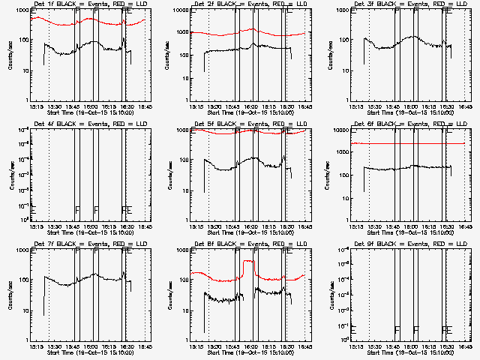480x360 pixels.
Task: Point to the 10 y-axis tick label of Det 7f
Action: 22,310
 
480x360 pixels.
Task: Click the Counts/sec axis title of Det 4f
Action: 10,174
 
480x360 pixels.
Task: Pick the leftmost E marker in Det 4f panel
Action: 33,209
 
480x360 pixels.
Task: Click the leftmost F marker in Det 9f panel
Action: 397,329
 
